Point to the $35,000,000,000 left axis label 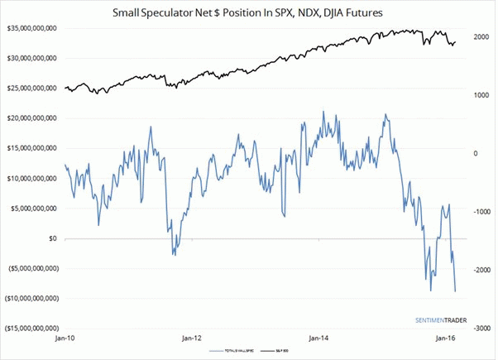click(31, 29)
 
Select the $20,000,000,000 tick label click(31, 118)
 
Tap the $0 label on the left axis click(52, 238)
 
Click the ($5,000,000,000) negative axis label click(31, 268)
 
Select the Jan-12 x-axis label click(191, 339)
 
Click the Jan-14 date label click(318, 339)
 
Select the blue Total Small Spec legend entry click(237, 351)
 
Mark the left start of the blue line click(65, 165)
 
